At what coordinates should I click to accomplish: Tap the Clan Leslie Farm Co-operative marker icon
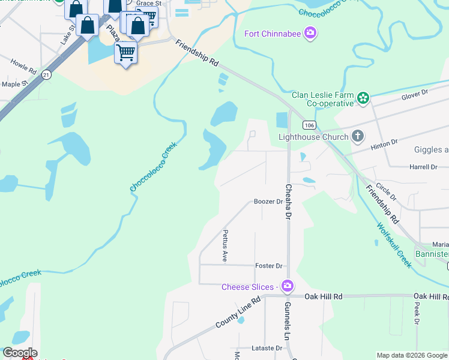pos(363,98)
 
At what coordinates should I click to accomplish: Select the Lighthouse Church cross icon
pos(357,136)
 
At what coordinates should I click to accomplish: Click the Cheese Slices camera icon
pos(287,286)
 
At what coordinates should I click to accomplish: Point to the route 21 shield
pos(47,74)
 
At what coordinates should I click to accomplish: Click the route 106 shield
pos(309,125)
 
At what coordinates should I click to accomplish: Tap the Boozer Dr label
pos(268,202)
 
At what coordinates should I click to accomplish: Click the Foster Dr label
pos(268,266)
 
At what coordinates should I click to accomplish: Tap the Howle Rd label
pos(23,62)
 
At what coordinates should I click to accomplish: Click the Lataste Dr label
pos(267,348)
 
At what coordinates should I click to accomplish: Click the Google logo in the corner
pos(19,353)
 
